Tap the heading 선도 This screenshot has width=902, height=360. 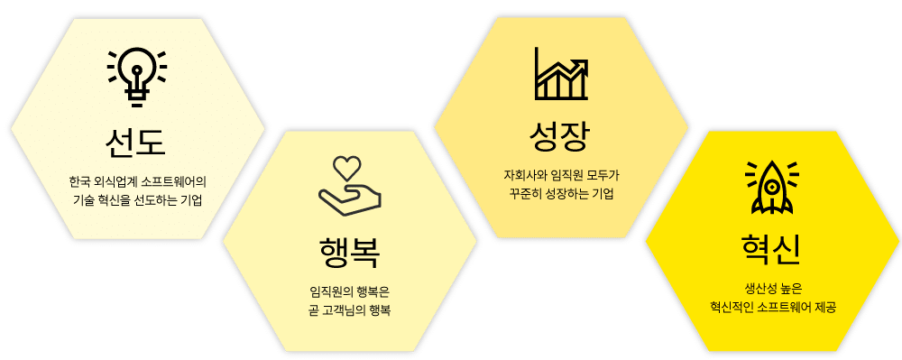136,142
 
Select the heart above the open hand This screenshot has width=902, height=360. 348,167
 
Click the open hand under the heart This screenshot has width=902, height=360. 350,199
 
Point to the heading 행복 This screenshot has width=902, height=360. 349,254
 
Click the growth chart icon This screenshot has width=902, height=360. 561,74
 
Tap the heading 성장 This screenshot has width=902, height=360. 560,137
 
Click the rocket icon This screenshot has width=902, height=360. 772,187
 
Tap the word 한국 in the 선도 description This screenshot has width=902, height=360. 78,183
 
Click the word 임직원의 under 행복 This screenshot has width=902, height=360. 328,293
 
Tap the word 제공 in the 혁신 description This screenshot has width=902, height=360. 825,308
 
